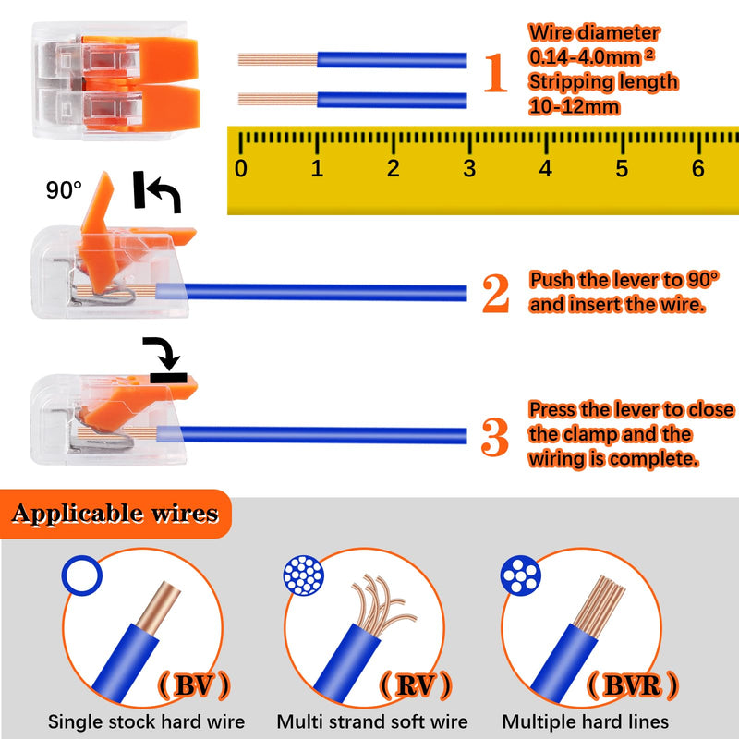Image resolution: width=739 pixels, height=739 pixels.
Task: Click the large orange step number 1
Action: pos(496,72)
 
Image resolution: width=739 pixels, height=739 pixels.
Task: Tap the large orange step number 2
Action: pos(496,293)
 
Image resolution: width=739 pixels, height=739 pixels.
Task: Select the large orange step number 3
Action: pos(495,436)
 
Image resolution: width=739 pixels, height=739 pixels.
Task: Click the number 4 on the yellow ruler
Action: pos(545,169)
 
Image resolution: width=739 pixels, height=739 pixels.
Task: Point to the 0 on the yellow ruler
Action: pos(241,169)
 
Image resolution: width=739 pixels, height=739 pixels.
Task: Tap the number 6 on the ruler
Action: pos(698,169)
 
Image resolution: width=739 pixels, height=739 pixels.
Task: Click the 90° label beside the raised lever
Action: pos(64,190)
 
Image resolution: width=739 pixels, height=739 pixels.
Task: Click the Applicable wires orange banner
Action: pos(115,514)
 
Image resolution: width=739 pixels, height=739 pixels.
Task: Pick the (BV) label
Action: pos(194,684)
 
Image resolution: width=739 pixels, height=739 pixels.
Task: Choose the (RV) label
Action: pos(416,684)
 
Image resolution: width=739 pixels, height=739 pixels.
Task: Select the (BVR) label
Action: pos(633,684)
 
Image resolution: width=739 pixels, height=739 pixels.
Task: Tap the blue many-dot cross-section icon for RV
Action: pos(304,575)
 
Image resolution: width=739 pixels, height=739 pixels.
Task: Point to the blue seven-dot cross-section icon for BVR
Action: pos(520,575)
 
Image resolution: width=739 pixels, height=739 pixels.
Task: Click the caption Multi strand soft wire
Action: pos(372,721)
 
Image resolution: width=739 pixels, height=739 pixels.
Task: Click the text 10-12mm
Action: pos(574,106)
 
